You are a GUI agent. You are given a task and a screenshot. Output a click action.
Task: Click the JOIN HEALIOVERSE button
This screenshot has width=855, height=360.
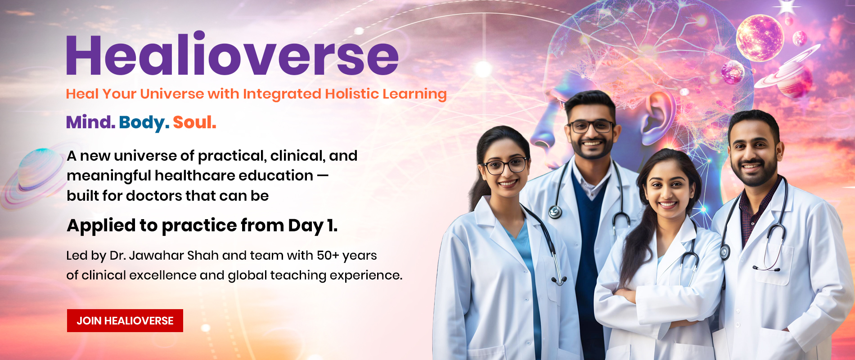coord(125,320)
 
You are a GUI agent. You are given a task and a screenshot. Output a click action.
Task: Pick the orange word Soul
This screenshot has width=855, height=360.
coord(194,122)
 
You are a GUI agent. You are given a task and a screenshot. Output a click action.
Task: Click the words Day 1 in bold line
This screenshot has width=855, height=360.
coord(312,225)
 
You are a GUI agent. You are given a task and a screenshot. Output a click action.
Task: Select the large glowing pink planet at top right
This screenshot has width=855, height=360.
coord(760,38)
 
